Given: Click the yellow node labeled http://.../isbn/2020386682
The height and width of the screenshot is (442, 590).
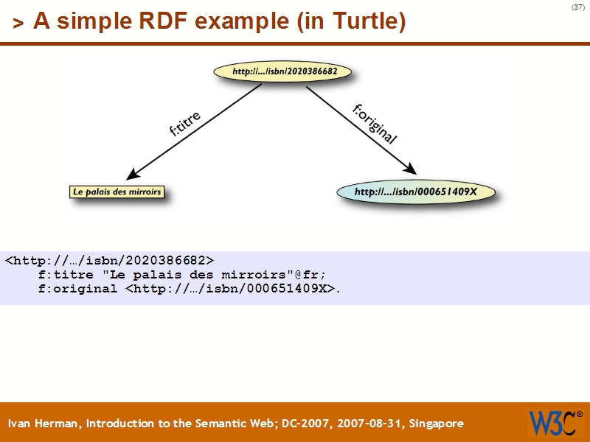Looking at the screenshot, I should coord(282,72).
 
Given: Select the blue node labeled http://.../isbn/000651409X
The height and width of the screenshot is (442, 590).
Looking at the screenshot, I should coord(415,192).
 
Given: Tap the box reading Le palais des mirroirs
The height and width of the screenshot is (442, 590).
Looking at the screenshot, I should coord(116,192).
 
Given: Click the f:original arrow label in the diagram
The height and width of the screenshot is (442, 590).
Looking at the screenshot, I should coord(375,123).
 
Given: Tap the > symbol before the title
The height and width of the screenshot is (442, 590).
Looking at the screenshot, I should coord(18,24).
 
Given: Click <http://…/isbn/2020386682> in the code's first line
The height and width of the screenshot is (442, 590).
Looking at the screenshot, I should coord(110,260).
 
